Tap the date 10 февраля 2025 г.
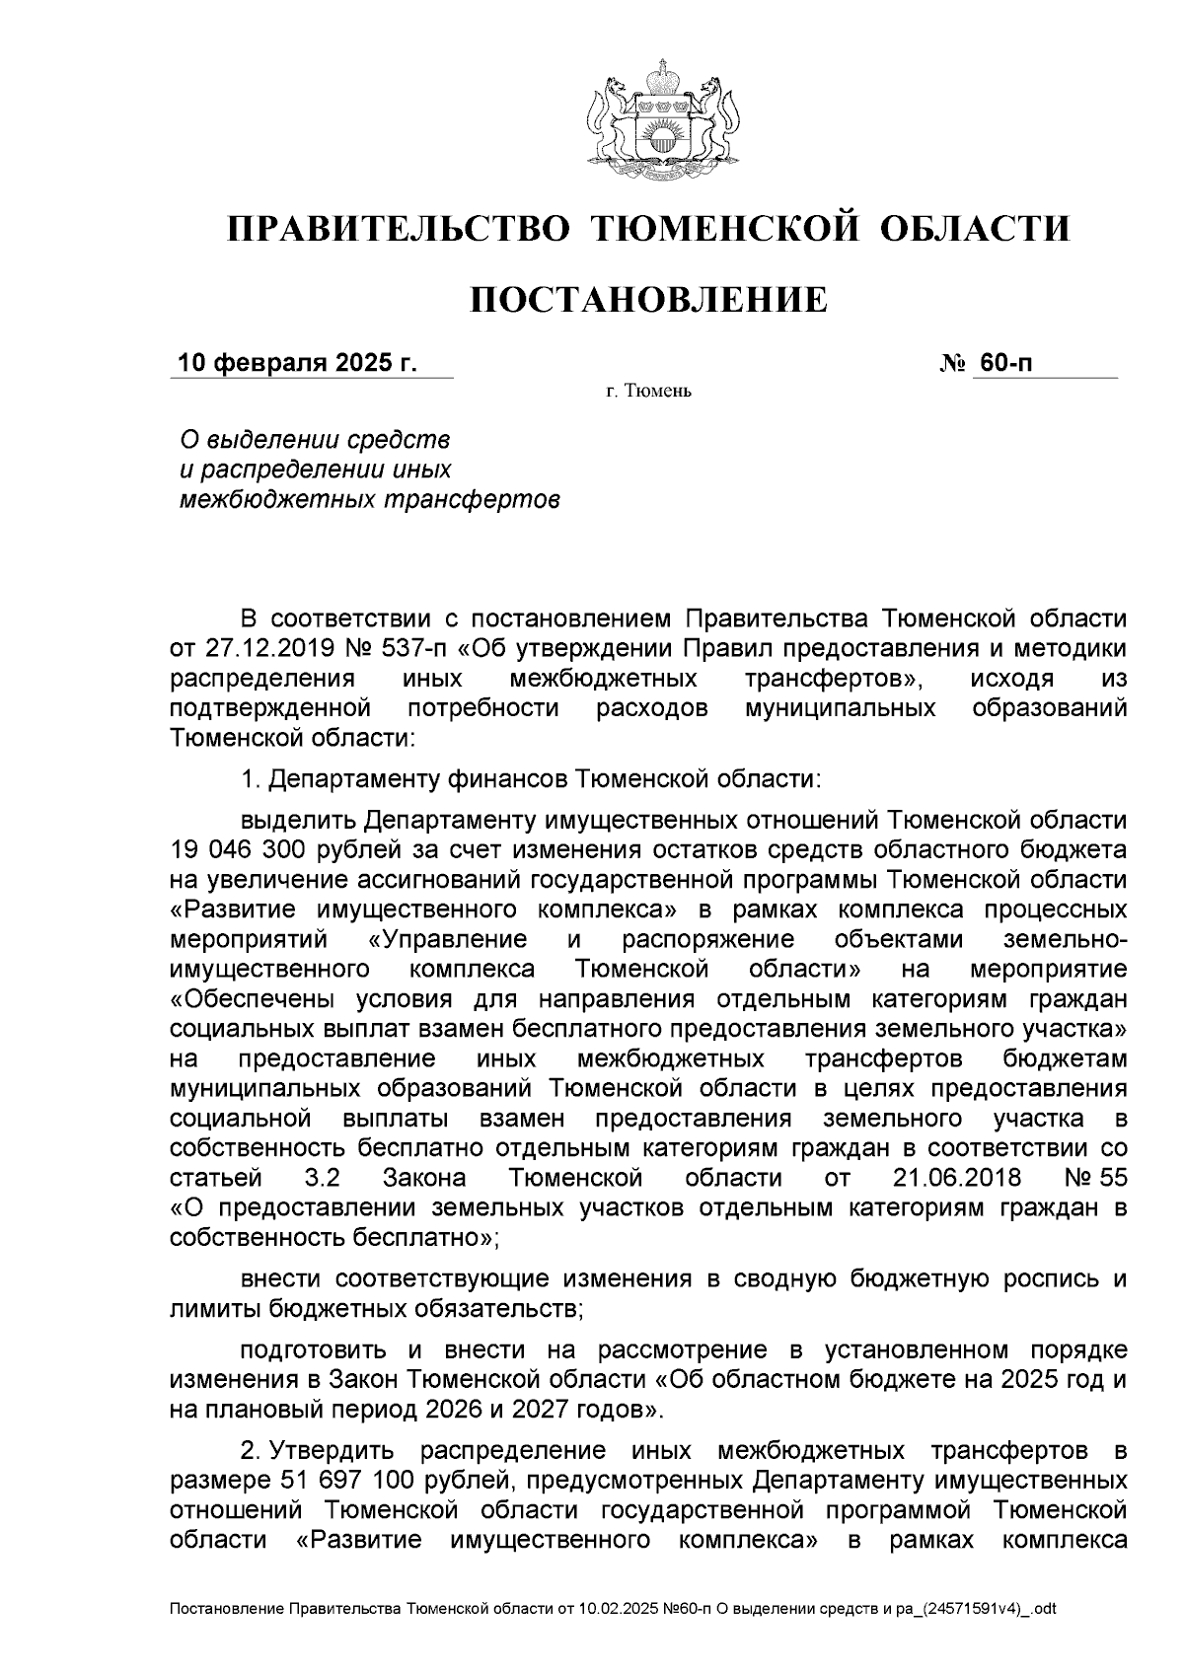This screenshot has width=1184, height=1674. tap(297, 364)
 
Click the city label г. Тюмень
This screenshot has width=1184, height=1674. tap(648, 393)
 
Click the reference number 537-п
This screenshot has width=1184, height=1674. tap(407, 648)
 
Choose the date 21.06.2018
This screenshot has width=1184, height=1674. tap(957, 1178)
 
